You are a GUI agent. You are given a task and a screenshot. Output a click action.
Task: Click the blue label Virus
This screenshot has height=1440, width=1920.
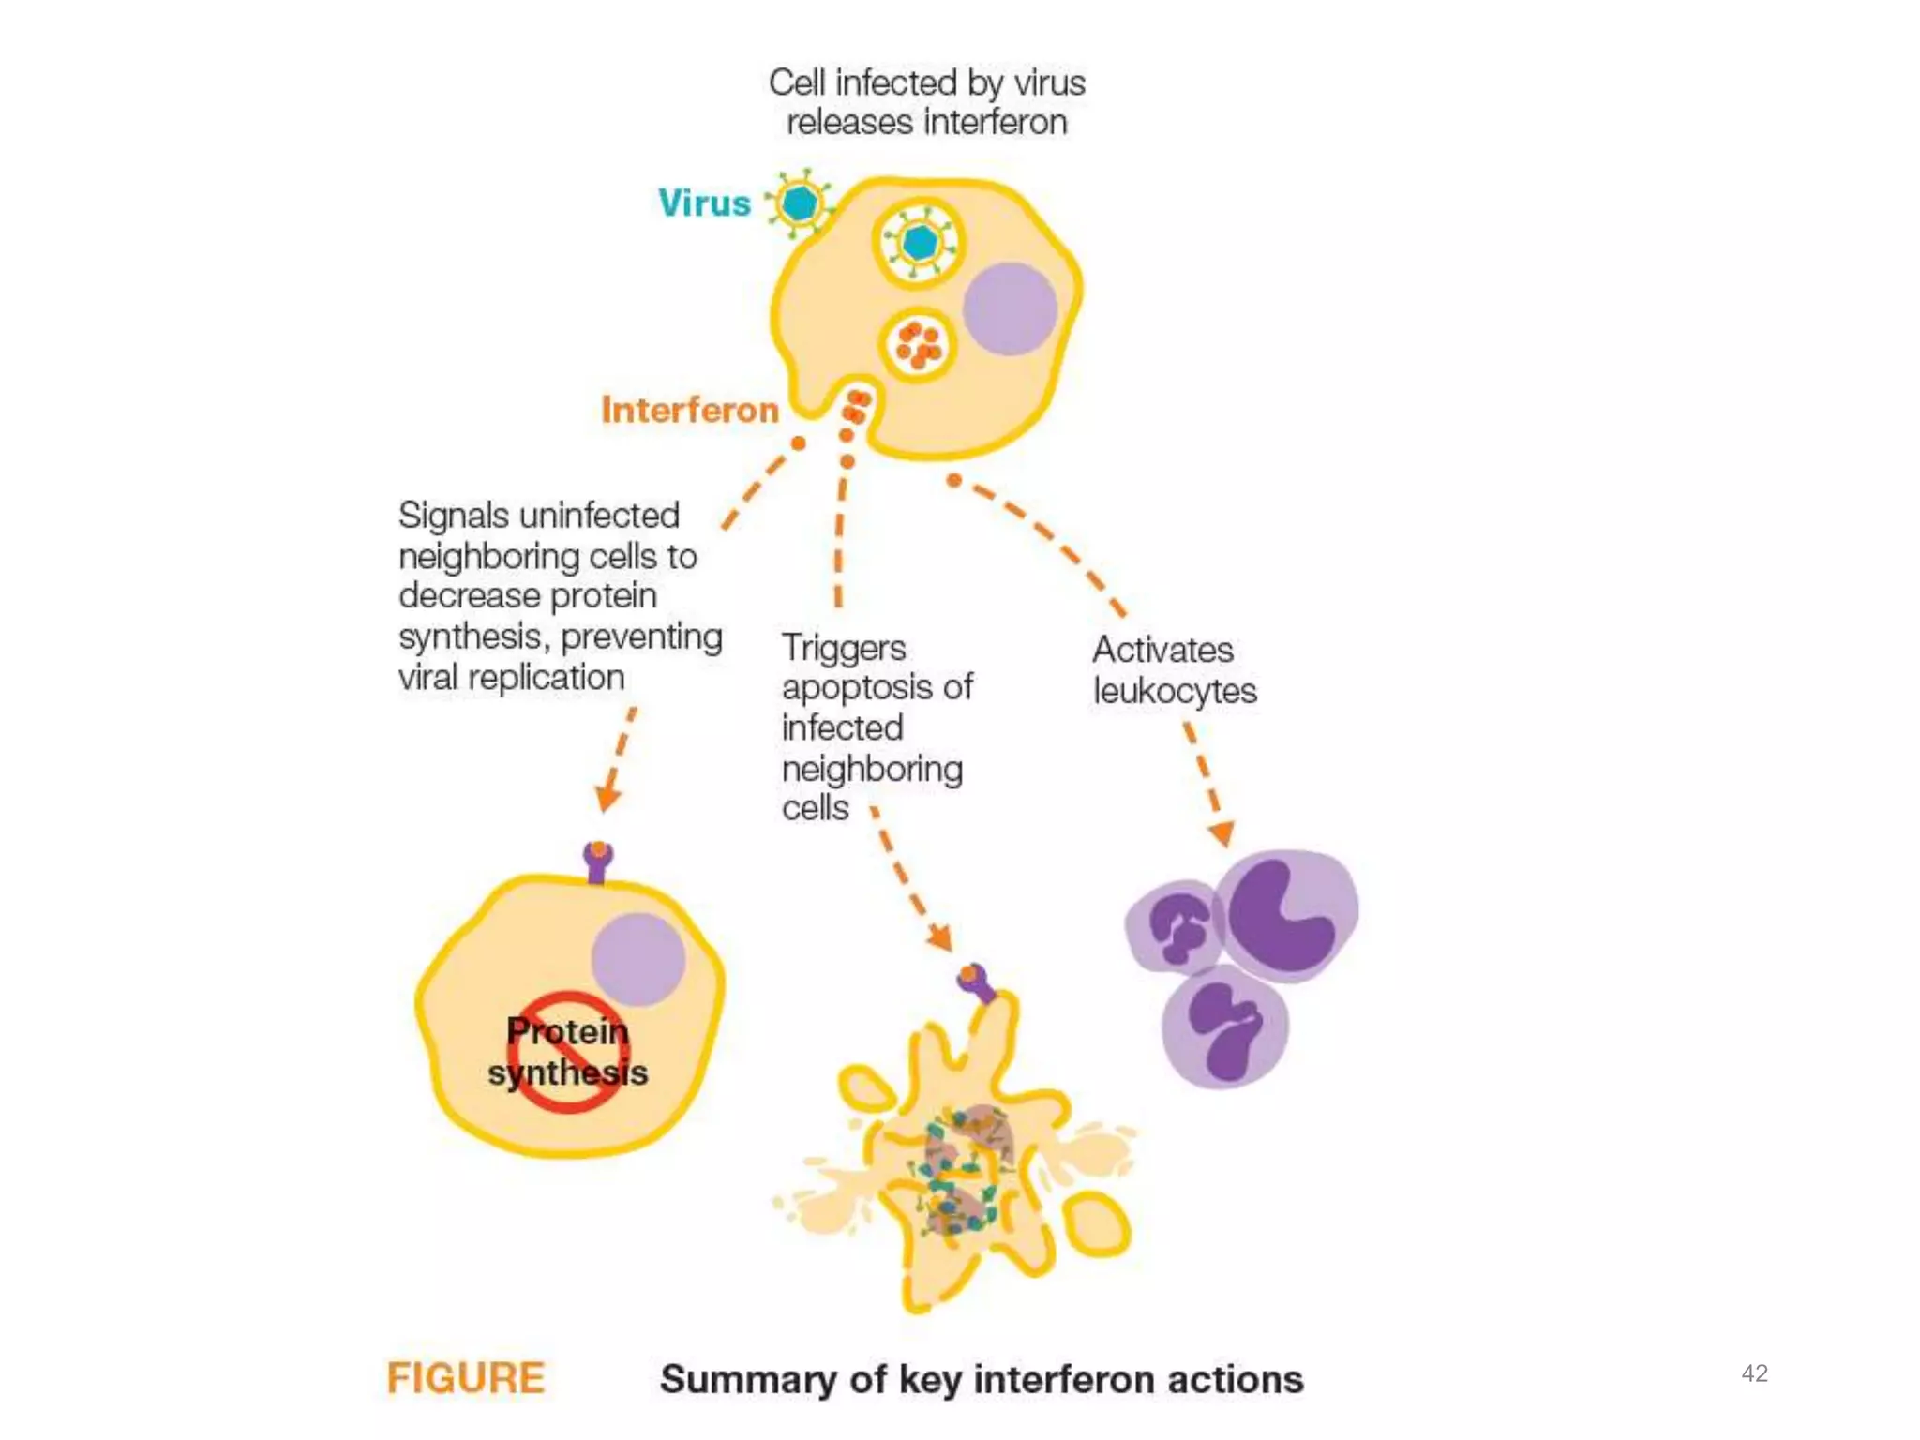tap(704, 203)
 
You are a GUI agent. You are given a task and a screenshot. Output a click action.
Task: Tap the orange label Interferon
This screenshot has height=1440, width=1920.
tap(690, 411)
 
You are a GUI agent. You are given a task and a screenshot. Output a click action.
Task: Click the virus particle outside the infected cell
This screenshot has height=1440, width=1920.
tap(800, 203)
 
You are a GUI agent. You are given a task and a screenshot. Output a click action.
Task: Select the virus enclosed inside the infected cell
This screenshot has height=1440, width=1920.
tap(919, 243)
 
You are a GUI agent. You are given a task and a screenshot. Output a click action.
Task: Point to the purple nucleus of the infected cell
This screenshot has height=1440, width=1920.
tap(1010, 308)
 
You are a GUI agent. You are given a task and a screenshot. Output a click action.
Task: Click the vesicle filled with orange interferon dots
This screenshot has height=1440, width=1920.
tap(918, 345)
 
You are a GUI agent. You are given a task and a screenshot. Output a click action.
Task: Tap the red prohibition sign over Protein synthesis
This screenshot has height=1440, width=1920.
tap(567, 1052)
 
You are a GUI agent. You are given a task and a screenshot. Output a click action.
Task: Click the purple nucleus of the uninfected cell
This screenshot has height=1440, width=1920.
tap(638, 959)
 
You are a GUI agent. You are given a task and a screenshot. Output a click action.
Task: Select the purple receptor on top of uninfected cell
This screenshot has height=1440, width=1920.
tap(598, 861)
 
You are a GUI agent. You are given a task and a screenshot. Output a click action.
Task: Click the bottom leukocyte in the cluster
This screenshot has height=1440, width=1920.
tap(1224, 1028)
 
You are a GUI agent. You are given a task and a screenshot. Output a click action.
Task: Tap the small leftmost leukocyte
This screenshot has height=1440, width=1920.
tap(1176, 926)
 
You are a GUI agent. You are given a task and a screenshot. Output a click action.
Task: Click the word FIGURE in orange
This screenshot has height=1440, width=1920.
tap(465, 1378)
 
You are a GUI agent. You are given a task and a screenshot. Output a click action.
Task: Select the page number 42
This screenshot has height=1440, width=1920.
tap(1754, 1373)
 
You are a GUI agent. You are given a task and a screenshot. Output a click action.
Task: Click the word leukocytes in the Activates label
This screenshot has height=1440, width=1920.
tap(1175, 691)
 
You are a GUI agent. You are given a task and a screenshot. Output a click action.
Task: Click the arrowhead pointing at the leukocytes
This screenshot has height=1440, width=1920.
tap(1222, 832)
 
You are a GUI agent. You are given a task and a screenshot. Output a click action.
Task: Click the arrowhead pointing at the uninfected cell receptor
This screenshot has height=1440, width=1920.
tap(607, 800)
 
